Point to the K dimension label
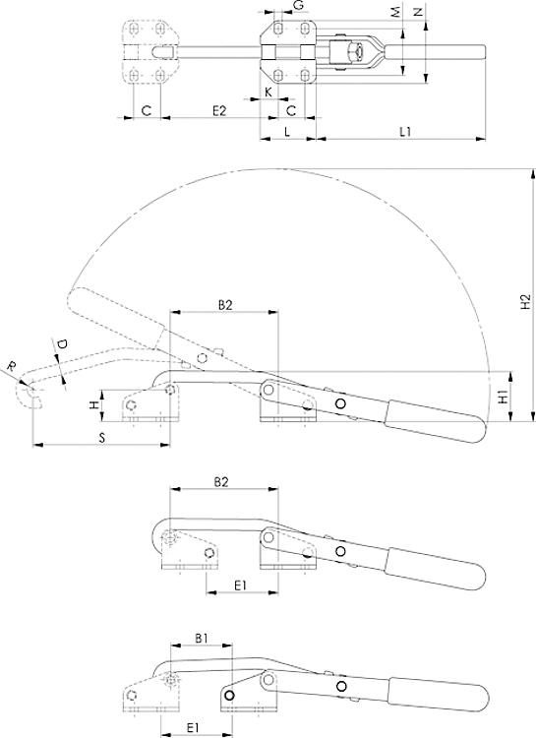tap(268, 92)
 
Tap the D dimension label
tap(61, 345)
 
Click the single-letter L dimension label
tap(285, 130)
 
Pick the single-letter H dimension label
tap(94, 404)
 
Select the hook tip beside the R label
tap(31, 394)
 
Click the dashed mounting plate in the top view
tap(149, 51)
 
